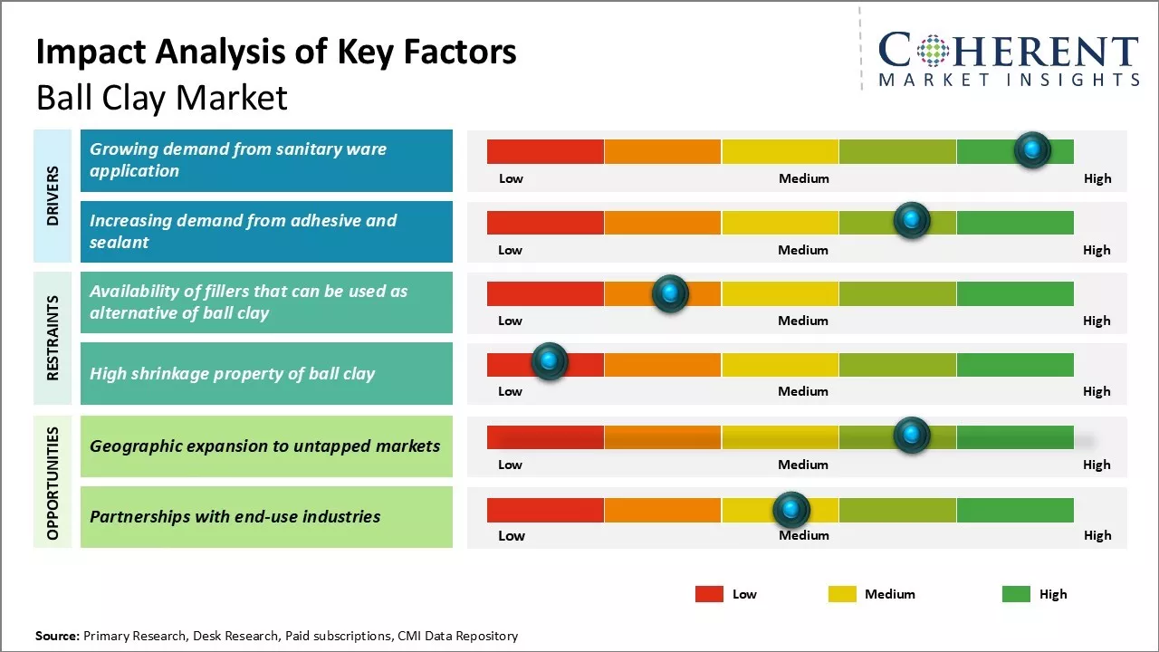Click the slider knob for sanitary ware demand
[x=1032, y=149]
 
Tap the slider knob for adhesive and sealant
[x=912, y=220]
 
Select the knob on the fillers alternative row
[x=670, y=292]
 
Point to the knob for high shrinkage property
[x=549, y=361]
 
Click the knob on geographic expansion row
[x=912, y=435]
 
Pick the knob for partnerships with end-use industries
[x=791, y=510]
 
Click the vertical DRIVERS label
[x=53, y=196]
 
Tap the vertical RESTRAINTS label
[x=53, y=338]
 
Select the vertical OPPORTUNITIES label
[x=53, y=483]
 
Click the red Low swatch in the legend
[x=709, y=594]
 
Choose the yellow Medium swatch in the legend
[x=842, y=594]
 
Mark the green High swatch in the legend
[x=1016, y=594]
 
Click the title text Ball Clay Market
[x=161, y=98]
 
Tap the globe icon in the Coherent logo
[x=932, y=51]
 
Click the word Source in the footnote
[x=57, y=636]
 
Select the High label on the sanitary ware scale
[x=1097, y=178]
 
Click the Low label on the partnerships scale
[x=512, y=535]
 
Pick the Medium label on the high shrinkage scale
[x=803, y=391]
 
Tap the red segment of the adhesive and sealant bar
[x=545, y=222]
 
